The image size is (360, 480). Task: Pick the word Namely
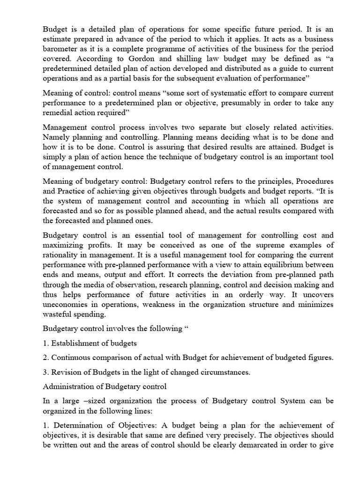point(58,137)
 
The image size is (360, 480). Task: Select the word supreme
point(268,245)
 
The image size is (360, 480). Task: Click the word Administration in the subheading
point(68,387)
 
